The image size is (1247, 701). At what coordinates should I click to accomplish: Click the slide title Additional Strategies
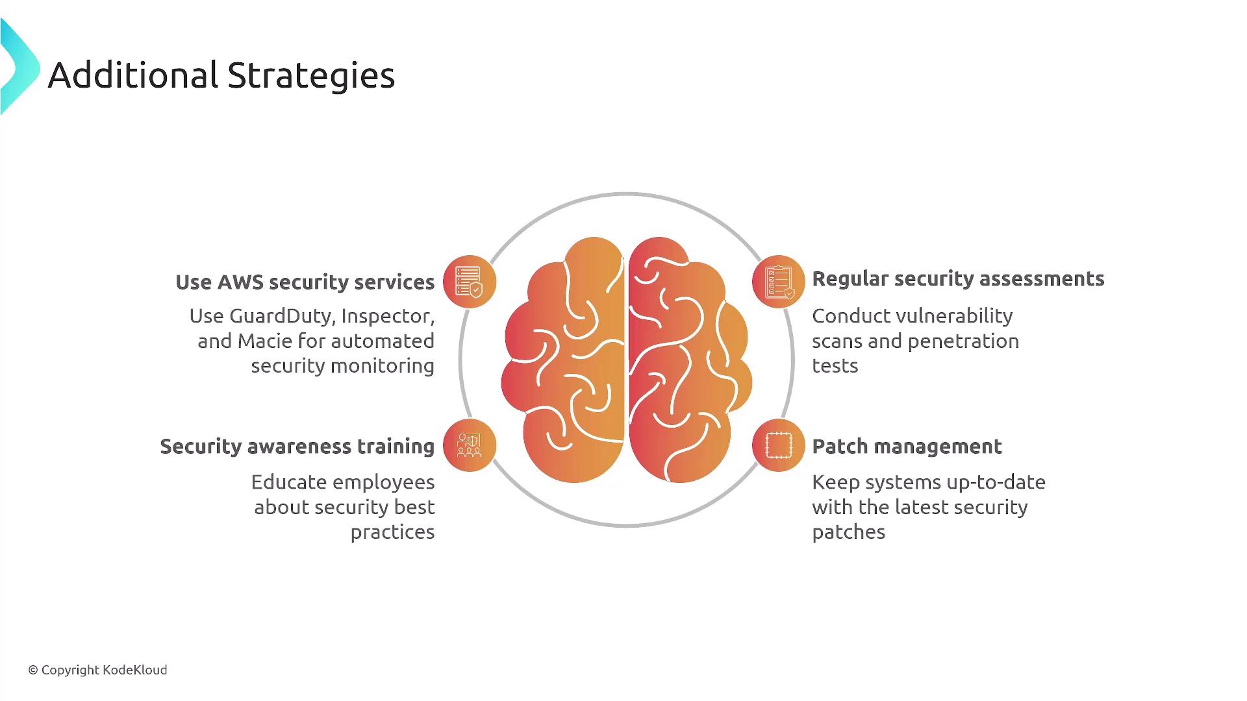click(x=221, y=75)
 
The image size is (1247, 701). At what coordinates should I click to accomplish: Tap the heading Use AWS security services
click(x=305, y=282)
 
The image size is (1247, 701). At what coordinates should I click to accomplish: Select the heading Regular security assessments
click(x=958, y=279)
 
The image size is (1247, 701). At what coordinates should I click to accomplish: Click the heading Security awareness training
click(x=297, y=447)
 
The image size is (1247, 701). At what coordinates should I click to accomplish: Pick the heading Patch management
click(x=907, y=447)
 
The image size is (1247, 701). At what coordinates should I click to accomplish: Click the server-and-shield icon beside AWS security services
click(x=470, y=282)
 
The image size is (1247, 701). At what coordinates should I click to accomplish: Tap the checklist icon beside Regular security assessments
click(x=779, y=282)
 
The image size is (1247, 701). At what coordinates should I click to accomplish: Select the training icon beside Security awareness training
click(x=470, y=445)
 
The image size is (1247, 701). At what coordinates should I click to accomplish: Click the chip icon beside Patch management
click(x=779, y=445)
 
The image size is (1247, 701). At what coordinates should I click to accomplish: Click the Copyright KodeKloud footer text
click(x=97, y=670)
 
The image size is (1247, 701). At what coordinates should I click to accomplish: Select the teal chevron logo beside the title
click(x=19, y=67)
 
